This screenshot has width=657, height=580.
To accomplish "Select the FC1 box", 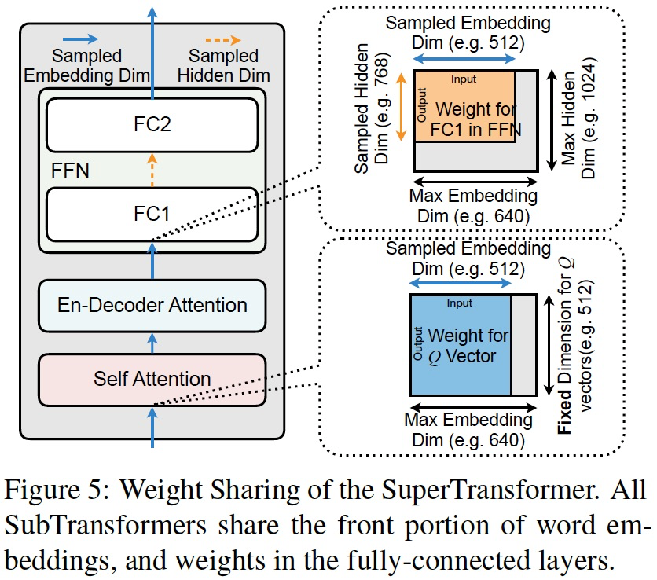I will pyautogui.click(x=152, y=213).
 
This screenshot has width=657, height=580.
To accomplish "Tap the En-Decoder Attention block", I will pyautogui.click(x=152, y=305).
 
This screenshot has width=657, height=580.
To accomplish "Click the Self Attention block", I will pyautogui.click(x=152, y=378).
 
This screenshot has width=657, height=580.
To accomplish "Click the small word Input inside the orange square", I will pyautogui.click(x=464, y=79).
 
